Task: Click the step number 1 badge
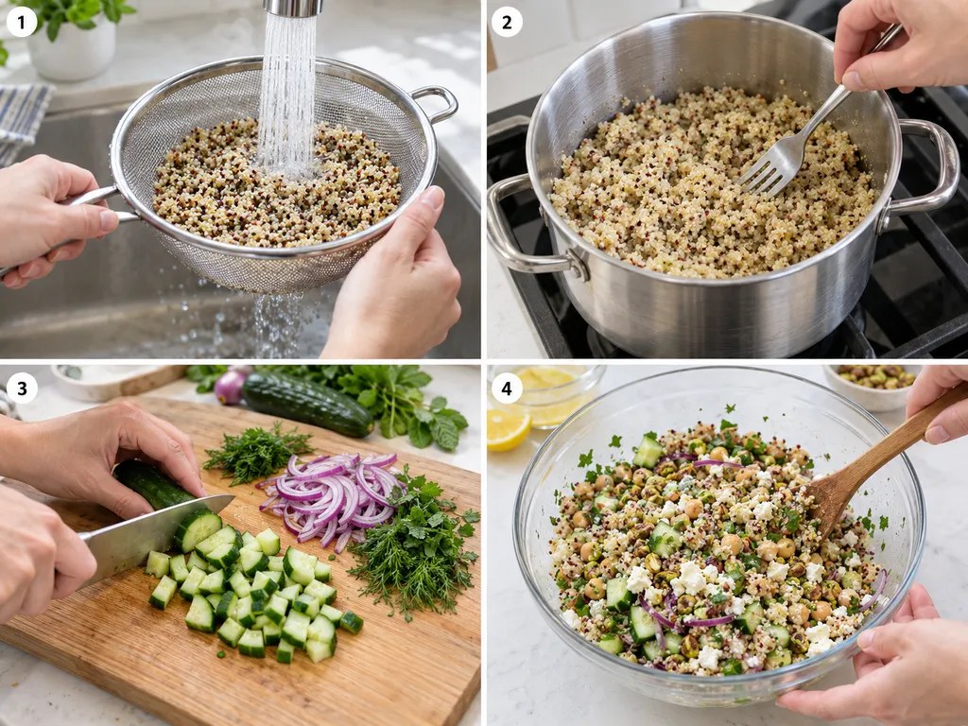coord(22,23)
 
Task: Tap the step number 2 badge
coord(507,23)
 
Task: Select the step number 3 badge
coord(22,389)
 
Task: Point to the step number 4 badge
coord(507,389)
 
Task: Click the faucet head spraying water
coord(294,8)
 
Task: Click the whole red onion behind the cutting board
coord(231,387)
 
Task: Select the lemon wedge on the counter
coord(508,428)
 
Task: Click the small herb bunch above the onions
coord(256,453)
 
